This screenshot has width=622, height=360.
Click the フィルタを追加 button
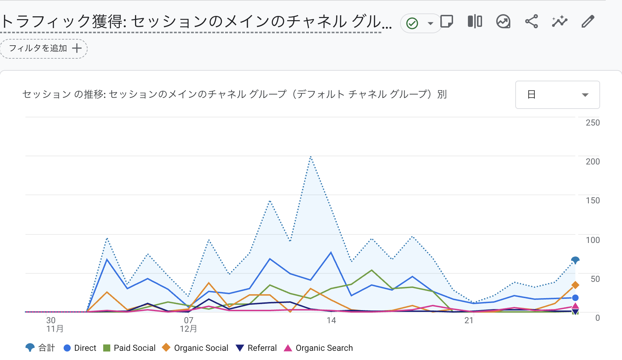44,48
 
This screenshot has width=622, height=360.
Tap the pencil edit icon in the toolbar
588,22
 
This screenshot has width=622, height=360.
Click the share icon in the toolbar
531,22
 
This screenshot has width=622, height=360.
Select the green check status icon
412,23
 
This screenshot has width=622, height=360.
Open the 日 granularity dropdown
557,95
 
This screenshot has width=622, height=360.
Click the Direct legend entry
80,348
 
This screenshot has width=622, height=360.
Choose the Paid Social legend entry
129,348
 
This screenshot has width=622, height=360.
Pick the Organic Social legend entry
195,348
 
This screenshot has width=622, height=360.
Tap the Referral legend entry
256,348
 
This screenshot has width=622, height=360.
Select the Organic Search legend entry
318,348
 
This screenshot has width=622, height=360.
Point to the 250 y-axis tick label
593,123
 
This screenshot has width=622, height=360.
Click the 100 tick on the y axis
593,240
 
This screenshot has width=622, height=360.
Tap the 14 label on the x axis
331,320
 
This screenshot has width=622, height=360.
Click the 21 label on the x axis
469,320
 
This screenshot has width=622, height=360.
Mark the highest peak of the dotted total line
311,156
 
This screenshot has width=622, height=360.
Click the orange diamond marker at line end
575,285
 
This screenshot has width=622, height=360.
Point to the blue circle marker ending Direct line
575,298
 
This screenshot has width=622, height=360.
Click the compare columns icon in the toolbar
475,22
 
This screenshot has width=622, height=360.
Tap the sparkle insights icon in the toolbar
559,22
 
